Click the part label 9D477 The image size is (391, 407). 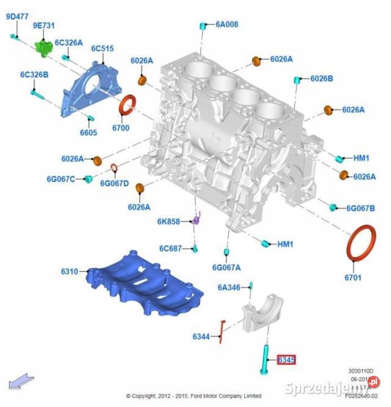coord(17,17)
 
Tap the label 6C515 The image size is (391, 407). coord(103,49)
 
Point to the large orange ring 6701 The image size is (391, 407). coord(360,243)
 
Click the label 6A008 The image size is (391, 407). coord(227,24)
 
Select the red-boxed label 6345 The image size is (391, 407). coord(286,360)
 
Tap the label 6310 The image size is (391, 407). coord(69,272)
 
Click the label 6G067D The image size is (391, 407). coord(115,183)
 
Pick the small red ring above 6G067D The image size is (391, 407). coord(114,168)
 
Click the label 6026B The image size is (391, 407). coord(322,79)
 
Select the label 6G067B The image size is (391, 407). coord(360,209)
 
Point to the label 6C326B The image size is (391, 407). coord(34,75)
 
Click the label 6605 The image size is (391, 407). coord(88,132)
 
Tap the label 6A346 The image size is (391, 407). coord(229,288)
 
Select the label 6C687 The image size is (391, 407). coord(170,248)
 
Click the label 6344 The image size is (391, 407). coord(201,337)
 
